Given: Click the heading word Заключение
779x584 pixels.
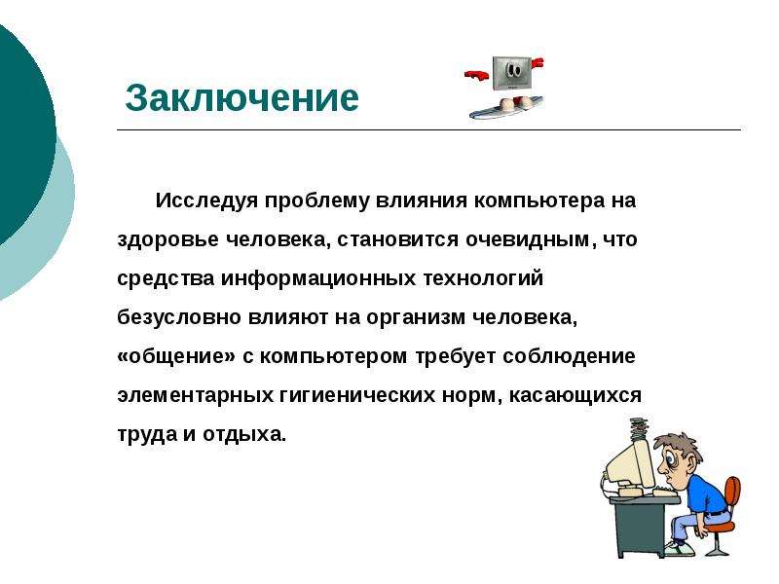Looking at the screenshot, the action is click(x=241, y=98).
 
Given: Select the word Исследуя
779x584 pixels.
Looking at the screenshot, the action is click(x=206, y=201).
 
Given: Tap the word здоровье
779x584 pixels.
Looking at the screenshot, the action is click(x=167, y=240).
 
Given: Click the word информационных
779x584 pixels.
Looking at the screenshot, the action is click(x=318, y=279).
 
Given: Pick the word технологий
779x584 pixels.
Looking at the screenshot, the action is click(x=483, y=279).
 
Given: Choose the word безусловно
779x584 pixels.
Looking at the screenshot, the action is click(x=179, y=318).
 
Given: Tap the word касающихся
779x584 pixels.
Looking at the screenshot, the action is click(x=575, y=396).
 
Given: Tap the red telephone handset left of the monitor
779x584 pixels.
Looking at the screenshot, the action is click(x=476, y=75).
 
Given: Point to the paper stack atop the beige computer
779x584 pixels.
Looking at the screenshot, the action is click(x=640, y=429).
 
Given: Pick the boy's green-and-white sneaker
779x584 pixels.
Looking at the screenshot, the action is click(x=678, y=548).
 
